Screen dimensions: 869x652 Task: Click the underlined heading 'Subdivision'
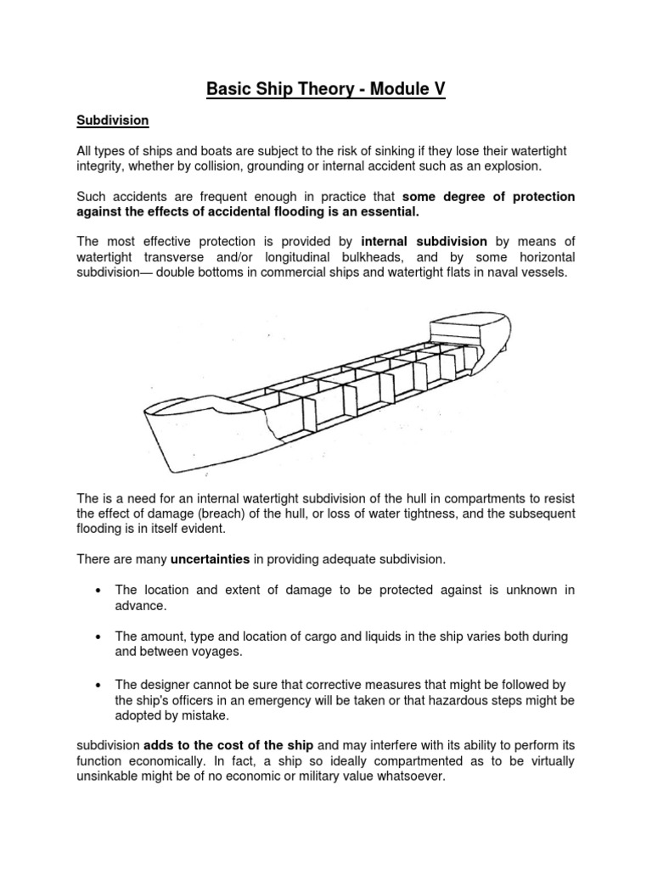(x=113, y=121)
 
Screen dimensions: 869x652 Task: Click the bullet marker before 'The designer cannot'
(x=101, y=685)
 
